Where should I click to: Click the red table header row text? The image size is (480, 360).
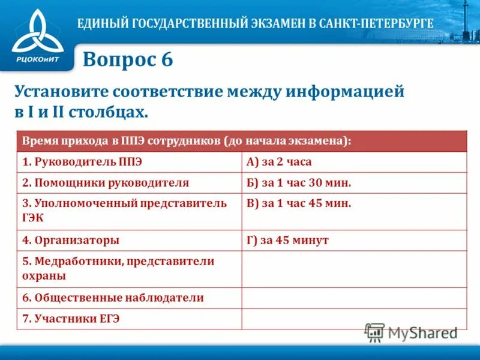(186, 141)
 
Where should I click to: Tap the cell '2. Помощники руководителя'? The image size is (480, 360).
(106, 183)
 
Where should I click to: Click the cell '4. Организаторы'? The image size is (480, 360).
(71, 240)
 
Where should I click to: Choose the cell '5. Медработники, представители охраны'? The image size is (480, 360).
(118, 268)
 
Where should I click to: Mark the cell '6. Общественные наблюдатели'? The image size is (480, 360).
(113, 298)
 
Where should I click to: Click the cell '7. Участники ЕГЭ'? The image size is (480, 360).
(71, 319)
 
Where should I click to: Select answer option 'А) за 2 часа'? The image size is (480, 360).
(279, 162)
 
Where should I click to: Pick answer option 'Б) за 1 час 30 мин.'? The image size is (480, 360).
(299, 183)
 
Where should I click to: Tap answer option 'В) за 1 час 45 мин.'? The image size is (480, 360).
(299, 203)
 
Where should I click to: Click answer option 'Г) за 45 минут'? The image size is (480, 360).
(287, 240)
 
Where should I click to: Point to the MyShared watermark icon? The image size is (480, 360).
(374, 332)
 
